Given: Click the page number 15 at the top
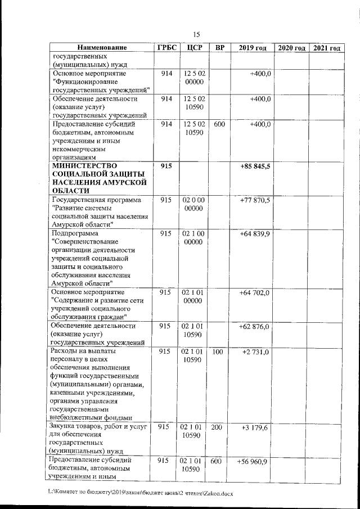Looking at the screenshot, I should coord(196,34).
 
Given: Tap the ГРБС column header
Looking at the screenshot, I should coord(166,48).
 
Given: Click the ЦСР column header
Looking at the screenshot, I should coord(193,48).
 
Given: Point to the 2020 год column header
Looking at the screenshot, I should coord(292,48).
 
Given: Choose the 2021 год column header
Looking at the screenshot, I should coord(327,48).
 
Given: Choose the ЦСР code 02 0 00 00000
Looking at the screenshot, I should coord(193,204).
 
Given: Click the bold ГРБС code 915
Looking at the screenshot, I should coord(166,166).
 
